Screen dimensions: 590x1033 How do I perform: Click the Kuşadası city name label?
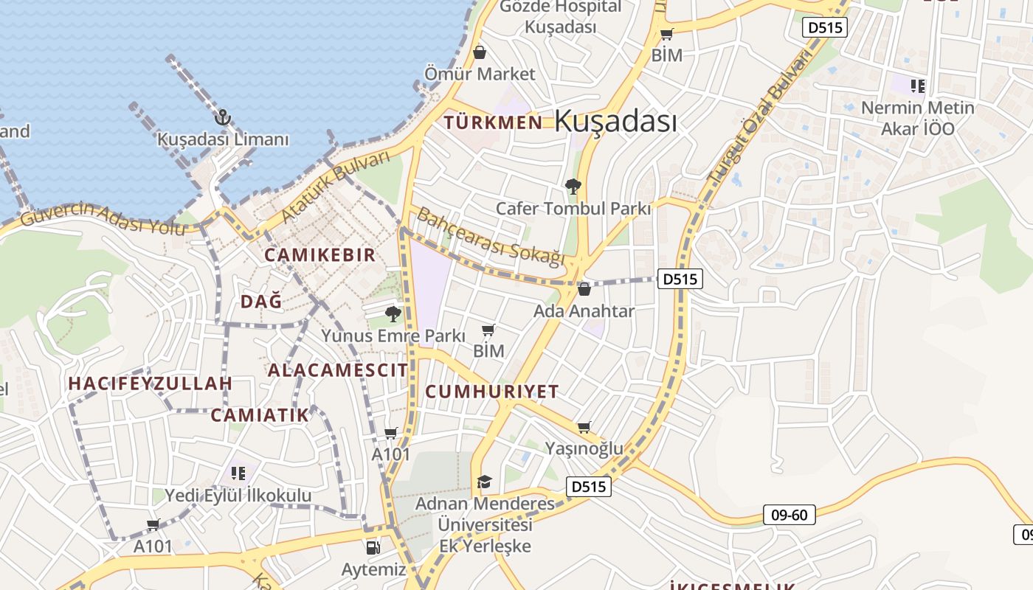click(615, 121)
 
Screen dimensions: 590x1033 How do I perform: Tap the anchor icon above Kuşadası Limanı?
click(222, 117)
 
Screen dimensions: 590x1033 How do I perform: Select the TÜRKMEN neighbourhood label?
click(494, 122)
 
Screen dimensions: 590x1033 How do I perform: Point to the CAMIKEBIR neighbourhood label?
click(320, 255)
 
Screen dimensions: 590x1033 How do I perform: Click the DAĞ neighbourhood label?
click(261, 301)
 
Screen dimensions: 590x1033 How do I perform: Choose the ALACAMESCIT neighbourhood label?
click(337, 370)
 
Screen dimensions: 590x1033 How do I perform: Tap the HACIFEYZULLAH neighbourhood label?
click(151, 383)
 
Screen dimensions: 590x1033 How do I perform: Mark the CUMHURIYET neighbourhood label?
click(492, 392)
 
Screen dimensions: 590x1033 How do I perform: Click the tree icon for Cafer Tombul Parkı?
click(573, 186)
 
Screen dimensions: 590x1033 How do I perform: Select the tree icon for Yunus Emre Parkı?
click(393, 314)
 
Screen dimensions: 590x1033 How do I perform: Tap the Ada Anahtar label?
click(584, 311)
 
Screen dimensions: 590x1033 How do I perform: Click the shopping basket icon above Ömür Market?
click(480, 52)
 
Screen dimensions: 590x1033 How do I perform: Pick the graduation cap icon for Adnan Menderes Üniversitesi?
click(484, 482)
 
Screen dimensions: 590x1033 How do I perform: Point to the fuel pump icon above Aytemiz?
click(373, 547)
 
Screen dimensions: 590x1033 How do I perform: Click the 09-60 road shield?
click(789, 515)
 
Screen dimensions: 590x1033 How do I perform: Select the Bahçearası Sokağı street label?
click(491, 236)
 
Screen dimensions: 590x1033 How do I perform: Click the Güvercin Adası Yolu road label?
click(103, 218)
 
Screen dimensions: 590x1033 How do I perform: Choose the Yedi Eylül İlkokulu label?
click(238, 496)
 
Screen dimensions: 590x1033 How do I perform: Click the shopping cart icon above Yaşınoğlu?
click(584, 427)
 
